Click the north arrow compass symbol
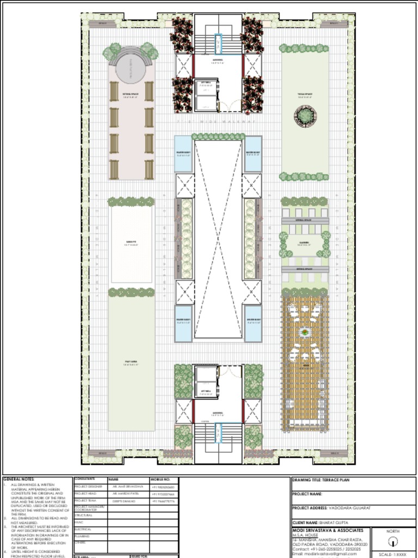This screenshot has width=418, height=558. [x=392, y=542]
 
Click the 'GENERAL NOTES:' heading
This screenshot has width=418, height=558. [x=19, y=479]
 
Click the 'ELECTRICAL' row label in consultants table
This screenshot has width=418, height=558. [x=83, y=529]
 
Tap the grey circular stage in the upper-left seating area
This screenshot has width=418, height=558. [x=131, y=68]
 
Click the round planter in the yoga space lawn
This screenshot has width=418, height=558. [x=305, y=115]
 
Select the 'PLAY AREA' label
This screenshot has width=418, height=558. [x=131, y=361]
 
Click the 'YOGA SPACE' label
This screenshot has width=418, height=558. [x=305, y=94]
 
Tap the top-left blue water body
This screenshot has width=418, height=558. [x=183, y=154]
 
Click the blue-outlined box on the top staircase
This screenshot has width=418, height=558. [x=218, y=44]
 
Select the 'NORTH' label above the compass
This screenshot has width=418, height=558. [x=392, y=531]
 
